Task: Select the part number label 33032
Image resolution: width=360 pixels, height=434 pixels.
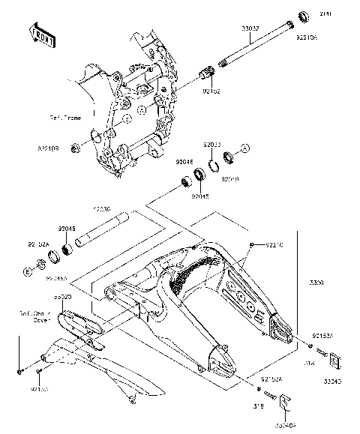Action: (250, 29)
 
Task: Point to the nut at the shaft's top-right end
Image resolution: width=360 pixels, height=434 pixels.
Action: (305, 16)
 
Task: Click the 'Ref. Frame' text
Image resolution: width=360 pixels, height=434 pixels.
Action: (65, 118)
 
